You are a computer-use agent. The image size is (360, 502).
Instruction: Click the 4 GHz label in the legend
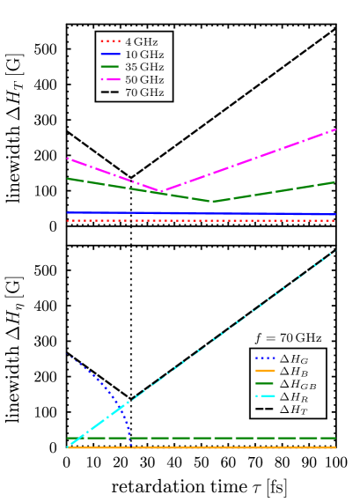[x=141, y=41]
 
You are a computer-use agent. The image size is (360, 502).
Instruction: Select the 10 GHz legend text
[x=143, y=55]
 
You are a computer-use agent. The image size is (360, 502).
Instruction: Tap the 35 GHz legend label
[x=143, y=67]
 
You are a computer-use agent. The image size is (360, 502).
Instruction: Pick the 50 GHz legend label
[x=143, y=80]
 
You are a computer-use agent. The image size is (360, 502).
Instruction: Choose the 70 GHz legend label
[x=143, y=92]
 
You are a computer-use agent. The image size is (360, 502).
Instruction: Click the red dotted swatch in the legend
[x=110, y=41]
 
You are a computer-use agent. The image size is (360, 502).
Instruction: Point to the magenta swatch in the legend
[x=110, y=80]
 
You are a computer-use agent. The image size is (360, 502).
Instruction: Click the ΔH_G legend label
[x=294, y=358]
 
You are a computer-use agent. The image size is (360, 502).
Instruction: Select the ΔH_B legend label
[x=294, y=372]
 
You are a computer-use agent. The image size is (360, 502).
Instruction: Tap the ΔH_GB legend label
[x=298, y=384]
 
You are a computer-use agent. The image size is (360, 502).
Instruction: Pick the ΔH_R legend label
[x=294, y=397]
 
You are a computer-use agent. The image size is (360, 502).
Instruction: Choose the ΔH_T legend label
[x=294, y=410]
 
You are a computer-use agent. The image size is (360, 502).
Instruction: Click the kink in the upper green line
[x=211, y=201]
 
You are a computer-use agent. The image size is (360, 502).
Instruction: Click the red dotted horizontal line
[x=202, y=220]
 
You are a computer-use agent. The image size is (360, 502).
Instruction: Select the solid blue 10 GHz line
[x=202, y=213]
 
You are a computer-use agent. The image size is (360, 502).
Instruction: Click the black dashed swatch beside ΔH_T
[x=264, y=410]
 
